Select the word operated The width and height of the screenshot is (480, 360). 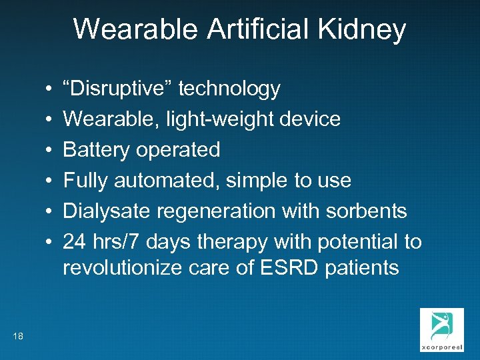coord(177,150)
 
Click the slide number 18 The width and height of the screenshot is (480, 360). coord(18,336)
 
